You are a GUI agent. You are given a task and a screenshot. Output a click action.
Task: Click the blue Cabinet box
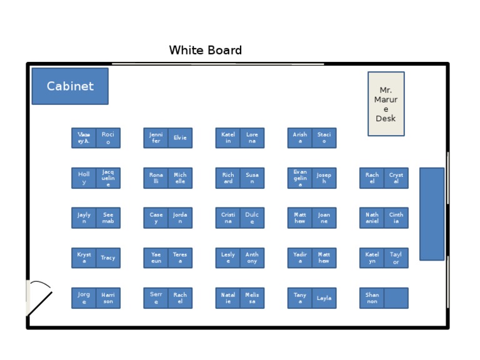click(70, 86)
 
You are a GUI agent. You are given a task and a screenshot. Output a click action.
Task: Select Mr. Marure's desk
click(386, 104)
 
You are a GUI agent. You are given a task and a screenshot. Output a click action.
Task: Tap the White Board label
click(205, 51)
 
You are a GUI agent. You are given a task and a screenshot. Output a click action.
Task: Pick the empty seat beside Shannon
click(396, 298)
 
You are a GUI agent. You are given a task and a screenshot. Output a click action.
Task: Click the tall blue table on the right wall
click(432, 214)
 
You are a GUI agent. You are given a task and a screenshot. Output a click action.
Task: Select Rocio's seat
click(108, 138)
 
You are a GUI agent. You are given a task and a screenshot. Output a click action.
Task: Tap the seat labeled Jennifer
click(156, 138)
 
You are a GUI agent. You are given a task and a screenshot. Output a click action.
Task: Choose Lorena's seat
click(252, 138)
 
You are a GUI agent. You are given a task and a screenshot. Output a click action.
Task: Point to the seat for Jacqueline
click(108, 178)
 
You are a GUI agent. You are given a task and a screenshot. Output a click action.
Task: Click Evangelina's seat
click(300, 178)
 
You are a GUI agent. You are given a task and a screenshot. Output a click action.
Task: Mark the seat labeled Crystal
click(396, 178)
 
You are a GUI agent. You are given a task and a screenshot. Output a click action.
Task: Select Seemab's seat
click(108, 218)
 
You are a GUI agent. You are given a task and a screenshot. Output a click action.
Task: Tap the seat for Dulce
click(252, 218)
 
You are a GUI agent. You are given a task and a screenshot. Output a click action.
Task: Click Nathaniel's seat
click(372, 218)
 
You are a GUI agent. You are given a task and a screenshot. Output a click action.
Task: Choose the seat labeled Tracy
click(108, 258)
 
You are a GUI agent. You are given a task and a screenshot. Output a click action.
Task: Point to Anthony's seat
click(252, 258)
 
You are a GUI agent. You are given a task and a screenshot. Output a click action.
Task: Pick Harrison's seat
click(108, 298)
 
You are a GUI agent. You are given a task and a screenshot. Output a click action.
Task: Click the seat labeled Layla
click(324, 298)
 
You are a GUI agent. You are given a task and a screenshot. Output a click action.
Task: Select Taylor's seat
click(396, 258)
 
